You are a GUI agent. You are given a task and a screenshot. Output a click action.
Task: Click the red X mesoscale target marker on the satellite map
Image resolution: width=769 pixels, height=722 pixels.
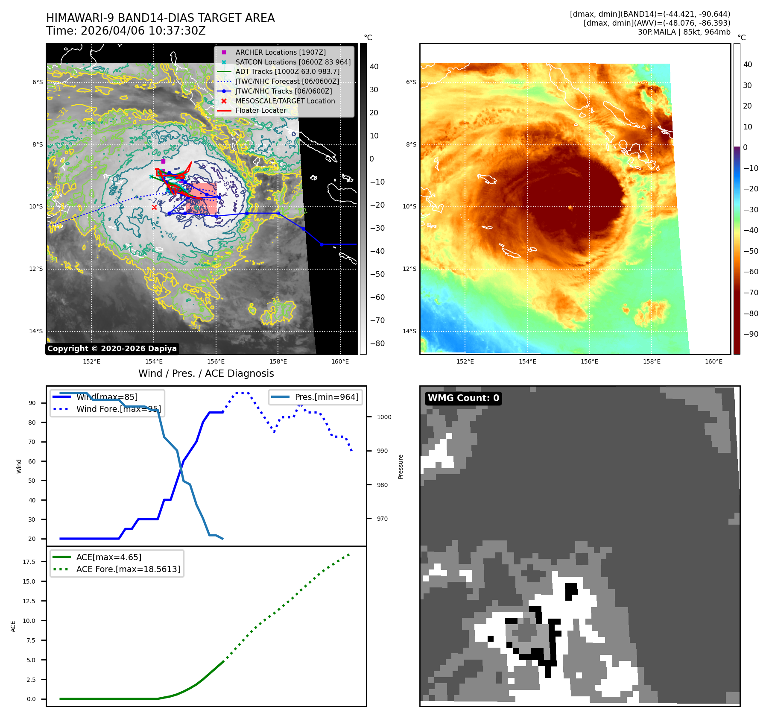[154, 207]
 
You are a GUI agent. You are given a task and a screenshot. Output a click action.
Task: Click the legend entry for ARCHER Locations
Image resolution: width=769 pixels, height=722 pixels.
[280, 52]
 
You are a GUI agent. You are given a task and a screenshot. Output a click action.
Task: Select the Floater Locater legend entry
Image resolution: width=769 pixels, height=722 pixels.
[260, 110]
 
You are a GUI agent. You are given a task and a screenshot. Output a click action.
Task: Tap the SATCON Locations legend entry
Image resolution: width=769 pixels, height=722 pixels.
[293, 62]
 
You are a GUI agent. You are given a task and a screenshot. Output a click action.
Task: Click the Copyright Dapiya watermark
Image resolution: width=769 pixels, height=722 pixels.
[112, 349]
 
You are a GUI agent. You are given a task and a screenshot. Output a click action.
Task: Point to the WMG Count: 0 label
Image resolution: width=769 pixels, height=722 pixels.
[463, 398]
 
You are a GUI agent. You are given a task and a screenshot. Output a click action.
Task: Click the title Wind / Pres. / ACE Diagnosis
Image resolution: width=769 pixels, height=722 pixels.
[206, 373]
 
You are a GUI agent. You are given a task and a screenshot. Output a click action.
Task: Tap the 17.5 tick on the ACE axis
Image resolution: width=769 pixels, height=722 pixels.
[29, 562]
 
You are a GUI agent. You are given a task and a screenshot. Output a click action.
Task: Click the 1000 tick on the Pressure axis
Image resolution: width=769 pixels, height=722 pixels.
[384, 417]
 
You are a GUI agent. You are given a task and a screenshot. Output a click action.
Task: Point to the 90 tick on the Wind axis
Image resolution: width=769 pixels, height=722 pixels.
[32, 403]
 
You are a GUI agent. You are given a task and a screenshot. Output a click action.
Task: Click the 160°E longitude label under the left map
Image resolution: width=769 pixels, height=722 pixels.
[340, 361]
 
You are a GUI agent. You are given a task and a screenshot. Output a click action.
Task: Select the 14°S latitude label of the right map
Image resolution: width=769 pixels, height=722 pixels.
[411, 331]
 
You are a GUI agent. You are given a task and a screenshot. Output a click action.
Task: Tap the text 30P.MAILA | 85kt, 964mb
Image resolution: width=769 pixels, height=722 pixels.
[684, 32]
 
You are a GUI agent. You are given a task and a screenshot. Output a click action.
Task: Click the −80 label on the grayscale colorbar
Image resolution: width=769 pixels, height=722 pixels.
[377, 343]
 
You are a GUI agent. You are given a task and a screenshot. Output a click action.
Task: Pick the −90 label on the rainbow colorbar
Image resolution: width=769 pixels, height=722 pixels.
[751, 334]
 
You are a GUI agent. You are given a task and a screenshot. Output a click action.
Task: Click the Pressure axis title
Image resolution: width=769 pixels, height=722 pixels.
[401, 467]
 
